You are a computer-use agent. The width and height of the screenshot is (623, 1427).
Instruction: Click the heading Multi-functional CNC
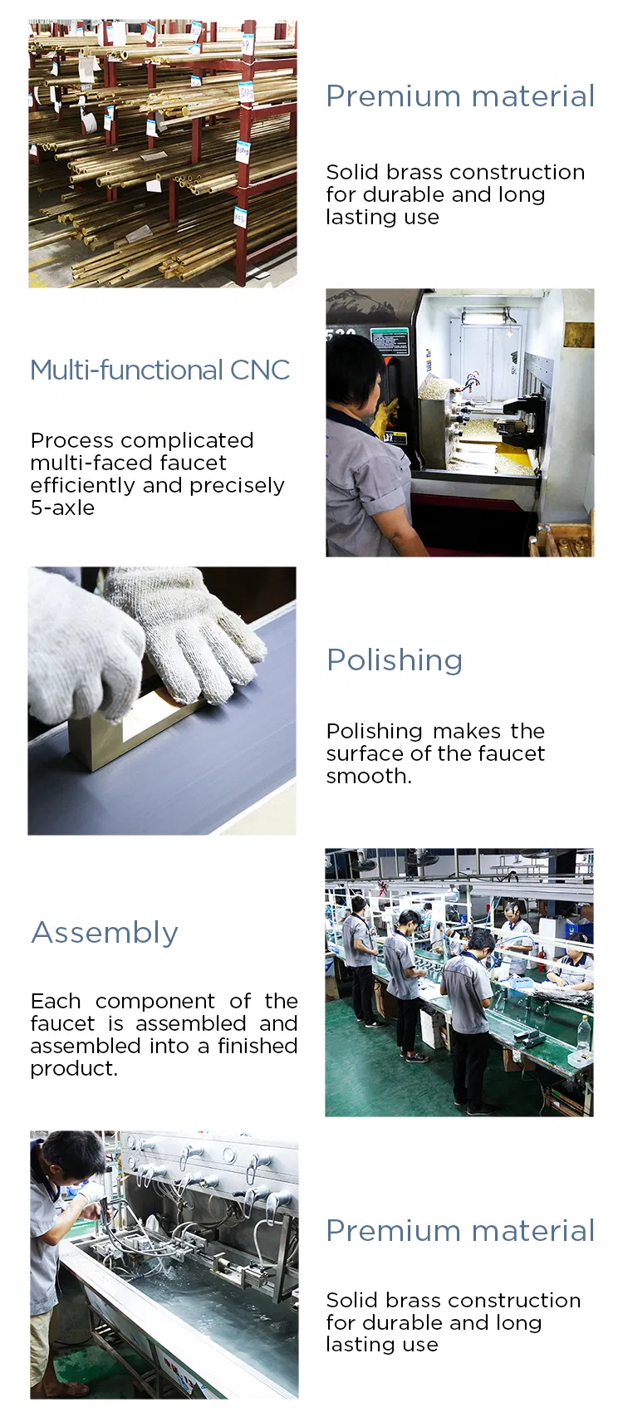pyautogui.click(x=159, y=370)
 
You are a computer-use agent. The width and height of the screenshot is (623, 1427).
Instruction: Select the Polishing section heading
pyautogui.click(x=394, y=660)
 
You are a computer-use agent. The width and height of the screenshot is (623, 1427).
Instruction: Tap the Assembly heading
pyautogui.click(x=105, y=932)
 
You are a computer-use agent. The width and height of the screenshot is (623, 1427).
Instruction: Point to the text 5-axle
pyautogui.click(x=62, y=508)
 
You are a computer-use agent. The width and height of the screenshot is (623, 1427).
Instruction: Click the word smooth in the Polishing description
pyautogui.click(x=366, y=776)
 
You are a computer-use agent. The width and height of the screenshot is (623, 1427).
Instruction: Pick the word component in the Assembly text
pyautogui.click(x=155, y=1001)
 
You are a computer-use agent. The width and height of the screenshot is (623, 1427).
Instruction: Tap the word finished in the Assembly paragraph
pyautogui.click(x=257, y=1046)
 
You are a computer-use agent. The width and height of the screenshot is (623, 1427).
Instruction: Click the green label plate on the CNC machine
pyautogui.click(x=389, y=341)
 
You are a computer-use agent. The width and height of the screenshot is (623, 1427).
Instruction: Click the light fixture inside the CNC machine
pyautogui.click(x=486, y=316)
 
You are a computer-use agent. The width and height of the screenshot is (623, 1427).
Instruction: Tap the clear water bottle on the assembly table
pyautogui.click(x=583, y=1034)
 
